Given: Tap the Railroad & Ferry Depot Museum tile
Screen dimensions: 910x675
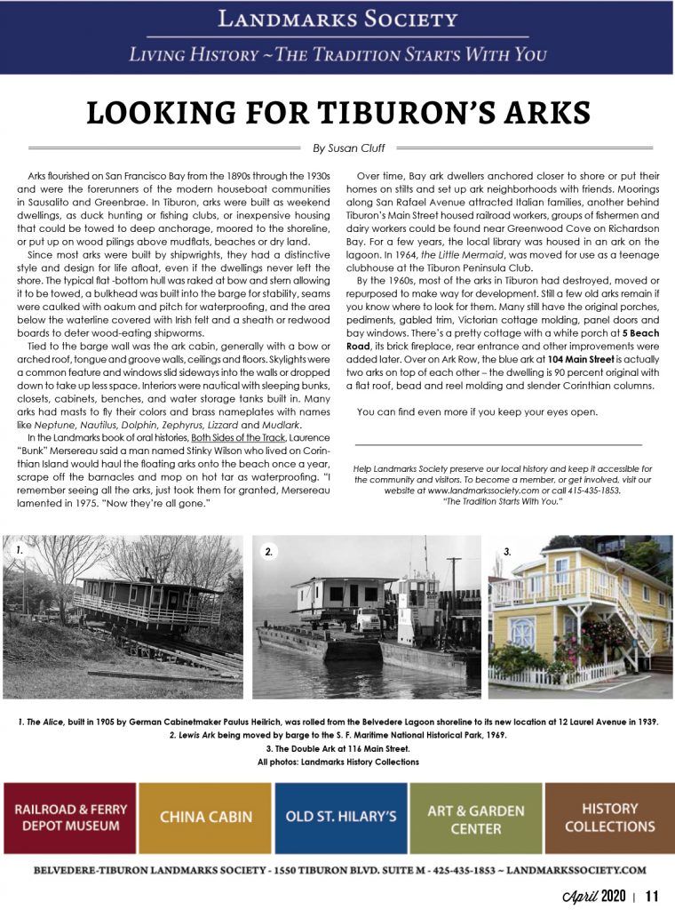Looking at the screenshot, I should (70, 818).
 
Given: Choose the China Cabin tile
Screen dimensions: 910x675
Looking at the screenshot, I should (205, 818).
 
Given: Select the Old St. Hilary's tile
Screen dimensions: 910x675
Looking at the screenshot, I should (340, 818).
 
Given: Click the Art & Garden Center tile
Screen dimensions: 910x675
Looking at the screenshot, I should (475, 818).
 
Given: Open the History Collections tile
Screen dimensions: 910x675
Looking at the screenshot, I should (609, 818).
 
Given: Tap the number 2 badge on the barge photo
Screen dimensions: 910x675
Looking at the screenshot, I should (269, 552).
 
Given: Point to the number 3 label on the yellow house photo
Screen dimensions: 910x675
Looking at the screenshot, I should (507, 552).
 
